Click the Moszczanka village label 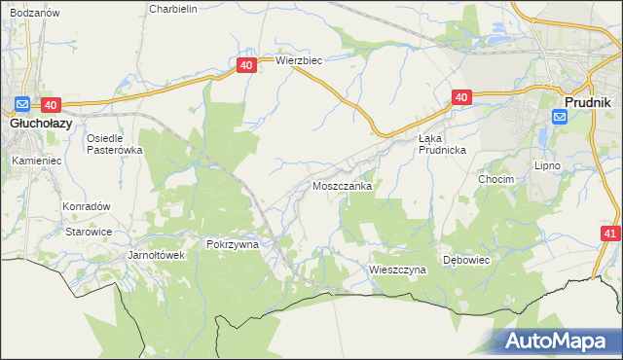(x=341, y=185)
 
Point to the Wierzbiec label (x=298, y=59)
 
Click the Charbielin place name (x=173, y=9)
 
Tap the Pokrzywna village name (x=232, y=245)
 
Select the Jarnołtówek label (x=143, y=256)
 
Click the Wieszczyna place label (x=398, y=269)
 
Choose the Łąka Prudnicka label (x=443, y=144)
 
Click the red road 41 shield (x=610, y=234)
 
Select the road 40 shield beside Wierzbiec (x=246, y=65)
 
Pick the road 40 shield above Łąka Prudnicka (x=461, y=97)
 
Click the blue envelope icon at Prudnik (x=560, y=117)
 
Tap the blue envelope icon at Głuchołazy (x=22, y=105)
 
